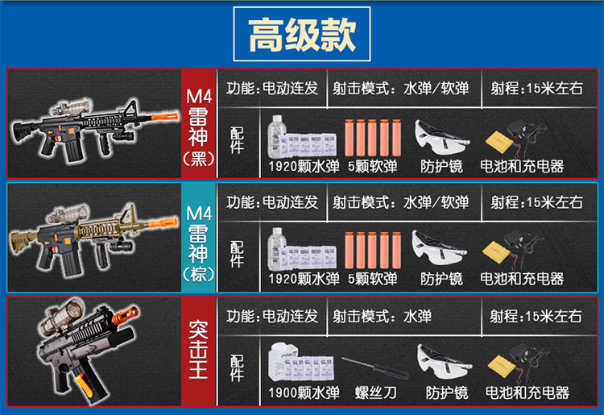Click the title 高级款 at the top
coord(301,35)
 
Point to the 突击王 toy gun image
coord(89,351)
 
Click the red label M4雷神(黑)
coord(198,124)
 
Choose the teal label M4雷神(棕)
coord(198,237)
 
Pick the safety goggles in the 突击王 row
coord(445,363)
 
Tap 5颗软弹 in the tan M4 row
coord(371,279)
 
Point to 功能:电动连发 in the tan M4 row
coord(272,202)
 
